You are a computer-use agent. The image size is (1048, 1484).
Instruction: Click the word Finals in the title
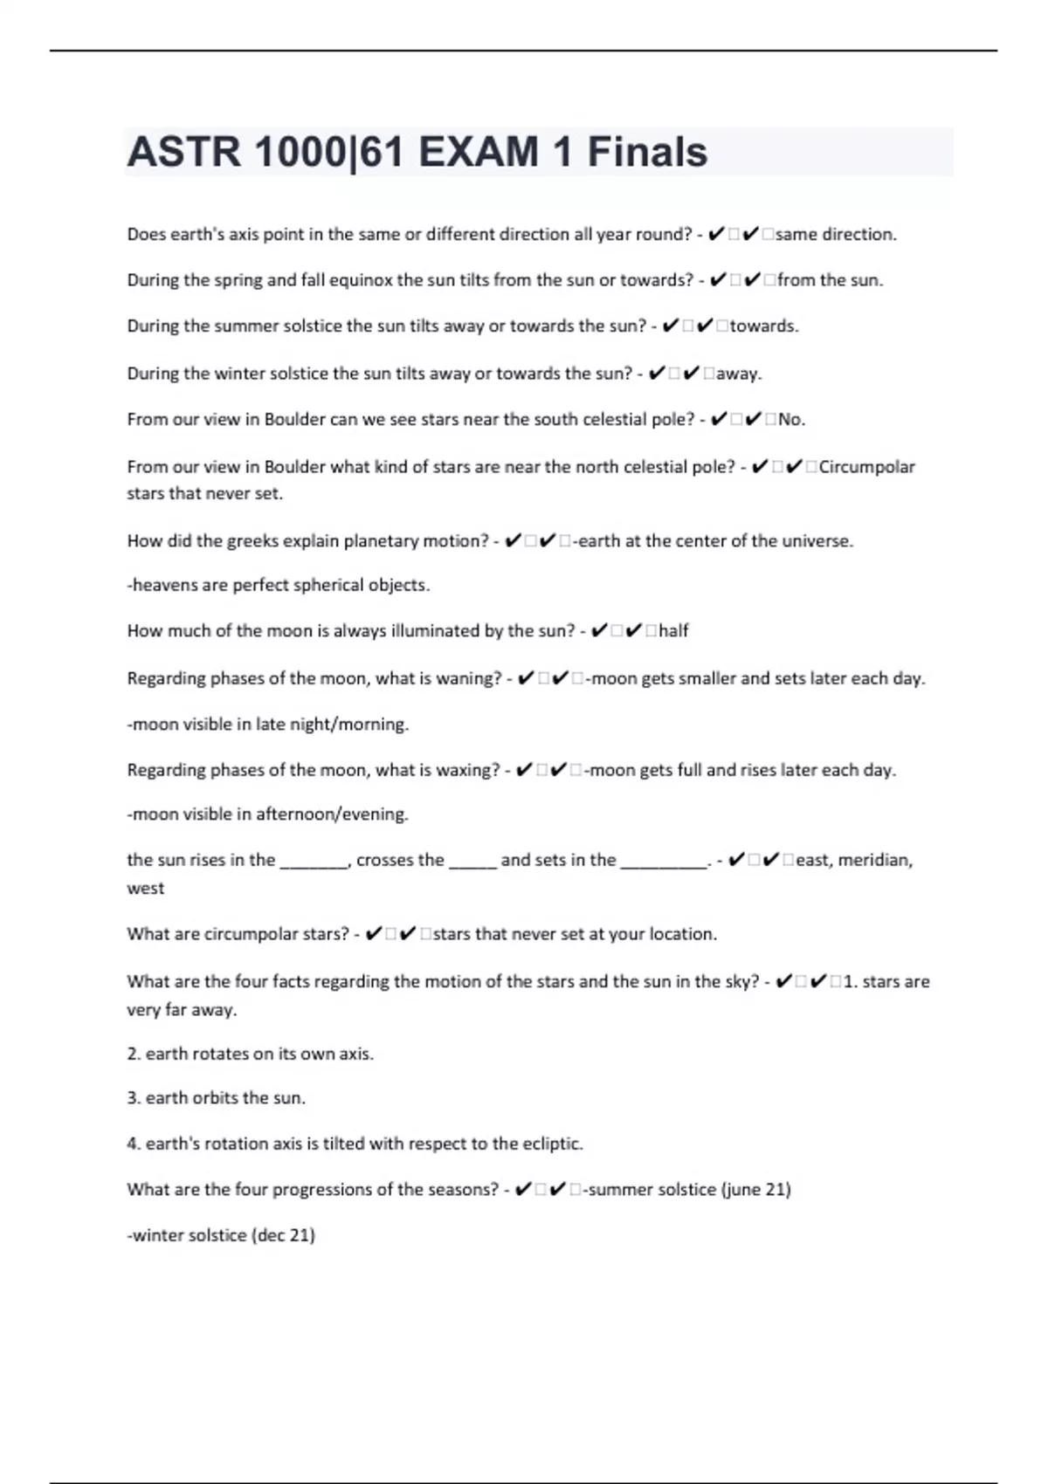[x=647, y=152]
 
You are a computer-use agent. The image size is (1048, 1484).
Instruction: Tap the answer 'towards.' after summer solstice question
[x=764, y=326]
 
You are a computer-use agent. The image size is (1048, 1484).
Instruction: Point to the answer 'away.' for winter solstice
[x=739, y=374]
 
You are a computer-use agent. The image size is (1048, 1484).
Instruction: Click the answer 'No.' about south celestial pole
[x=791, y=420]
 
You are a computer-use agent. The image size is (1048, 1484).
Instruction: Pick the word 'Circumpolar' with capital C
[x=866, y=467]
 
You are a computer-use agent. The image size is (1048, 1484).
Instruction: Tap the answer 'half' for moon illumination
[x=673, y=631]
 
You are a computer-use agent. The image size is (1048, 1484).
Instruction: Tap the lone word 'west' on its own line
[x=145, y=889]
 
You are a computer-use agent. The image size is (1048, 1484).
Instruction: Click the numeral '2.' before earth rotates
[x=134, y=1055]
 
